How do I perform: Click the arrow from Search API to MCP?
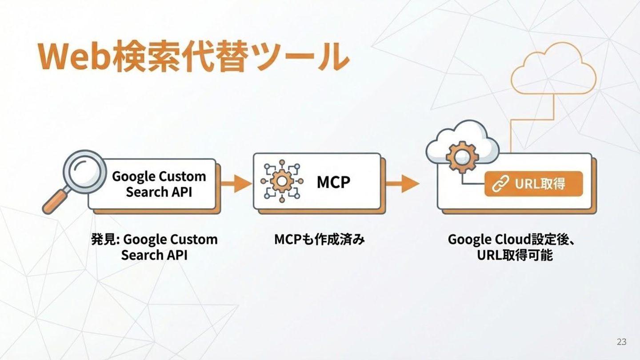click(236, 183)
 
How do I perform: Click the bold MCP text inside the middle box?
click(333, 182)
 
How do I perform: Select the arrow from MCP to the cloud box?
click(402, 183)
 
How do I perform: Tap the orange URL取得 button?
click(533, 184)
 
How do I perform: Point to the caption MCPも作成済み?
click(320, 240)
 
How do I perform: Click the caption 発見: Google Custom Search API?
click(154, 247)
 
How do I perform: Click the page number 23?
click(621, 342)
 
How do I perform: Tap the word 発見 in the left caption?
click(103, 240)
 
